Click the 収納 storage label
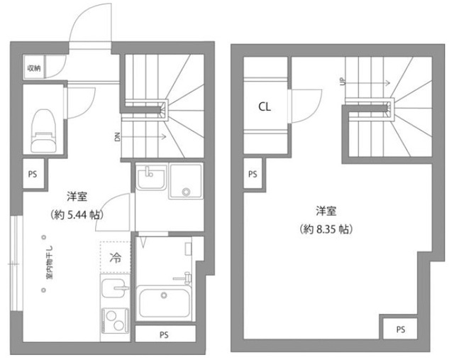(x=33, y=68)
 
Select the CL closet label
(x=265, y=107)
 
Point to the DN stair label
(x=116, y=136)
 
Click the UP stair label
(x=343, y=82)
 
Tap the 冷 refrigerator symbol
(x=116, y=257)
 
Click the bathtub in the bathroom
(x=164, y=303)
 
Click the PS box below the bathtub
(x=164, y=334)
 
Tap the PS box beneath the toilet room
(x=33, y=173)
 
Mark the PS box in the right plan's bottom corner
(x=401, y=329)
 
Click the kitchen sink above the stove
(x=113, y=290)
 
